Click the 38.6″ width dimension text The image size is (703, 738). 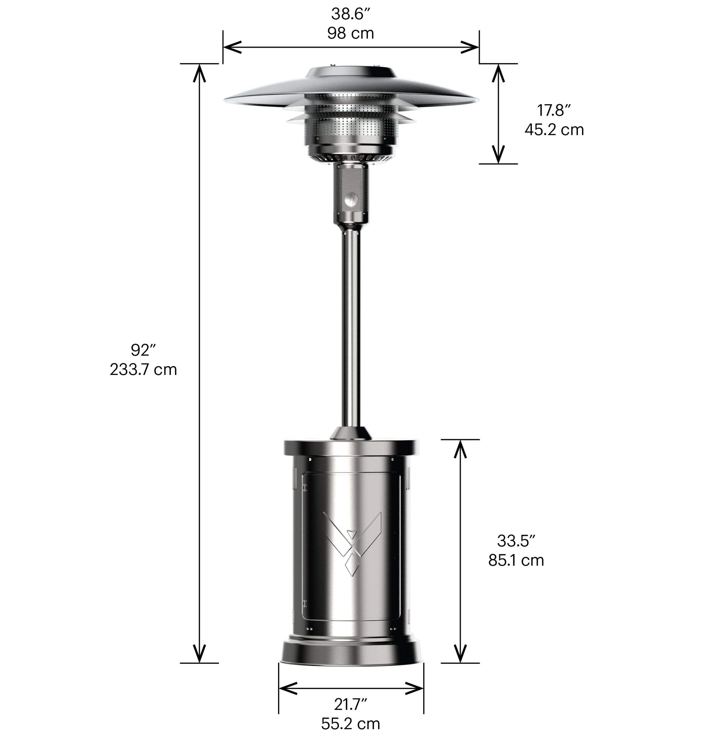click(350, 14)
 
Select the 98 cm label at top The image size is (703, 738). click(350, 33)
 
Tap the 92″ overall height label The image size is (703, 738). click(143, 350)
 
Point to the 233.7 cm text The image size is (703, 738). click(143, 370)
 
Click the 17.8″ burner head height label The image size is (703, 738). click(554, 110)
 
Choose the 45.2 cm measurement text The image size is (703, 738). click(554, 130)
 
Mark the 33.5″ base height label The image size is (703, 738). click(516, 541)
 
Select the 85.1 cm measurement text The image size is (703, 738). click(516, 560)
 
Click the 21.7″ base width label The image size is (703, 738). click(350, 705)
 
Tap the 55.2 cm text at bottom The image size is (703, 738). click(350, 724)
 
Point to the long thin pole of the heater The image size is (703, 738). click(351, 330)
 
